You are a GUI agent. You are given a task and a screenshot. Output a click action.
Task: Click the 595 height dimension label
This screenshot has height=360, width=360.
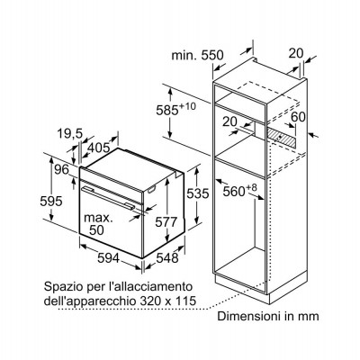[51, 201]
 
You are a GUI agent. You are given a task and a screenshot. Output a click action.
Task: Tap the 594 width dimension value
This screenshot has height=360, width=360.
[109, 258]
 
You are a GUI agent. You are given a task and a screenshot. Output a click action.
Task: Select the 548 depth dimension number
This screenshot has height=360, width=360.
[167, 258]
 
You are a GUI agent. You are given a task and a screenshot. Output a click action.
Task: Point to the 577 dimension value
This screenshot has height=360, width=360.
[166, 222]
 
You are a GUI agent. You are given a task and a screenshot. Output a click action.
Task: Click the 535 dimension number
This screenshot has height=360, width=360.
[198, 193]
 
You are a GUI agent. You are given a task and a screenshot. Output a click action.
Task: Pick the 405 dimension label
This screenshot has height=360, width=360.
[99, 148]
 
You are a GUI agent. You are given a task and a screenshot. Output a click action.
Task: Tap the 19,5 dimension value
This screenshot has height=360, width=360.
[69, 134]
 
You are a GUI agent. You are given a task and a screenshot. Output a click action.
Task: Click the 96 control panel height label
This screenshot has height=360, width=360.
[62, 170]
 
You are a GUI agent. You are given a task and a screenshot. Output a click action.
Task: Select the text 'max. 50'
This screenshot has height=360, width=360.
[98, 224]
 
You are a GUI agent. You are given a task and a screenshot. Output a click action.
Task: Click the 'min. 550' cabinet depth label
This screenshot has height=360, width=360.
[197, 56]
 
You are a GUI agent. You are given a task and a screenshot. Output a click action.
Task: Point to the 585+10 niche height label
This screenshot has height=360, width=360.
[175, 109]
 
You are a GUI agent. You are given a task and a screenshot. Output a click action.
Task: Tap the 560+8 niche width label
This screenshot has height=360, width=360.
[240, 190]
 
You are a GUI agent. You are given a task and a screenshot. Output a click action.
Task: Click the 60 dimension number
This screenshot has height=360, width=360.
[298, 117]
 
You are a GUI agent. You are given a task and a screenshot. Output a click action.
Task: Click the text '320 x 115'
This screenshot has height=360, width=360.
[166, 301]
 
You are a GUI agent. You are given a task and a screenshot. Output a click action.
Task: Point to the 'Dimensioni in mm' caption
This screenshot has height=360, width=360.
[268, 316]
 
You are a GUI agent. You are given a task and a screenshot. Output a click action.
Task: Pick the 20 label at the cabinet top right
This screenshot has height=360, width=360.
[296, 53]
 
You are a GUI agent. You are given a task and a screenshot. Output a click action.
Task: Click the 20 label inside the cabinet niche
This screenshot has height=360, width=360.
[229, 121]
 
